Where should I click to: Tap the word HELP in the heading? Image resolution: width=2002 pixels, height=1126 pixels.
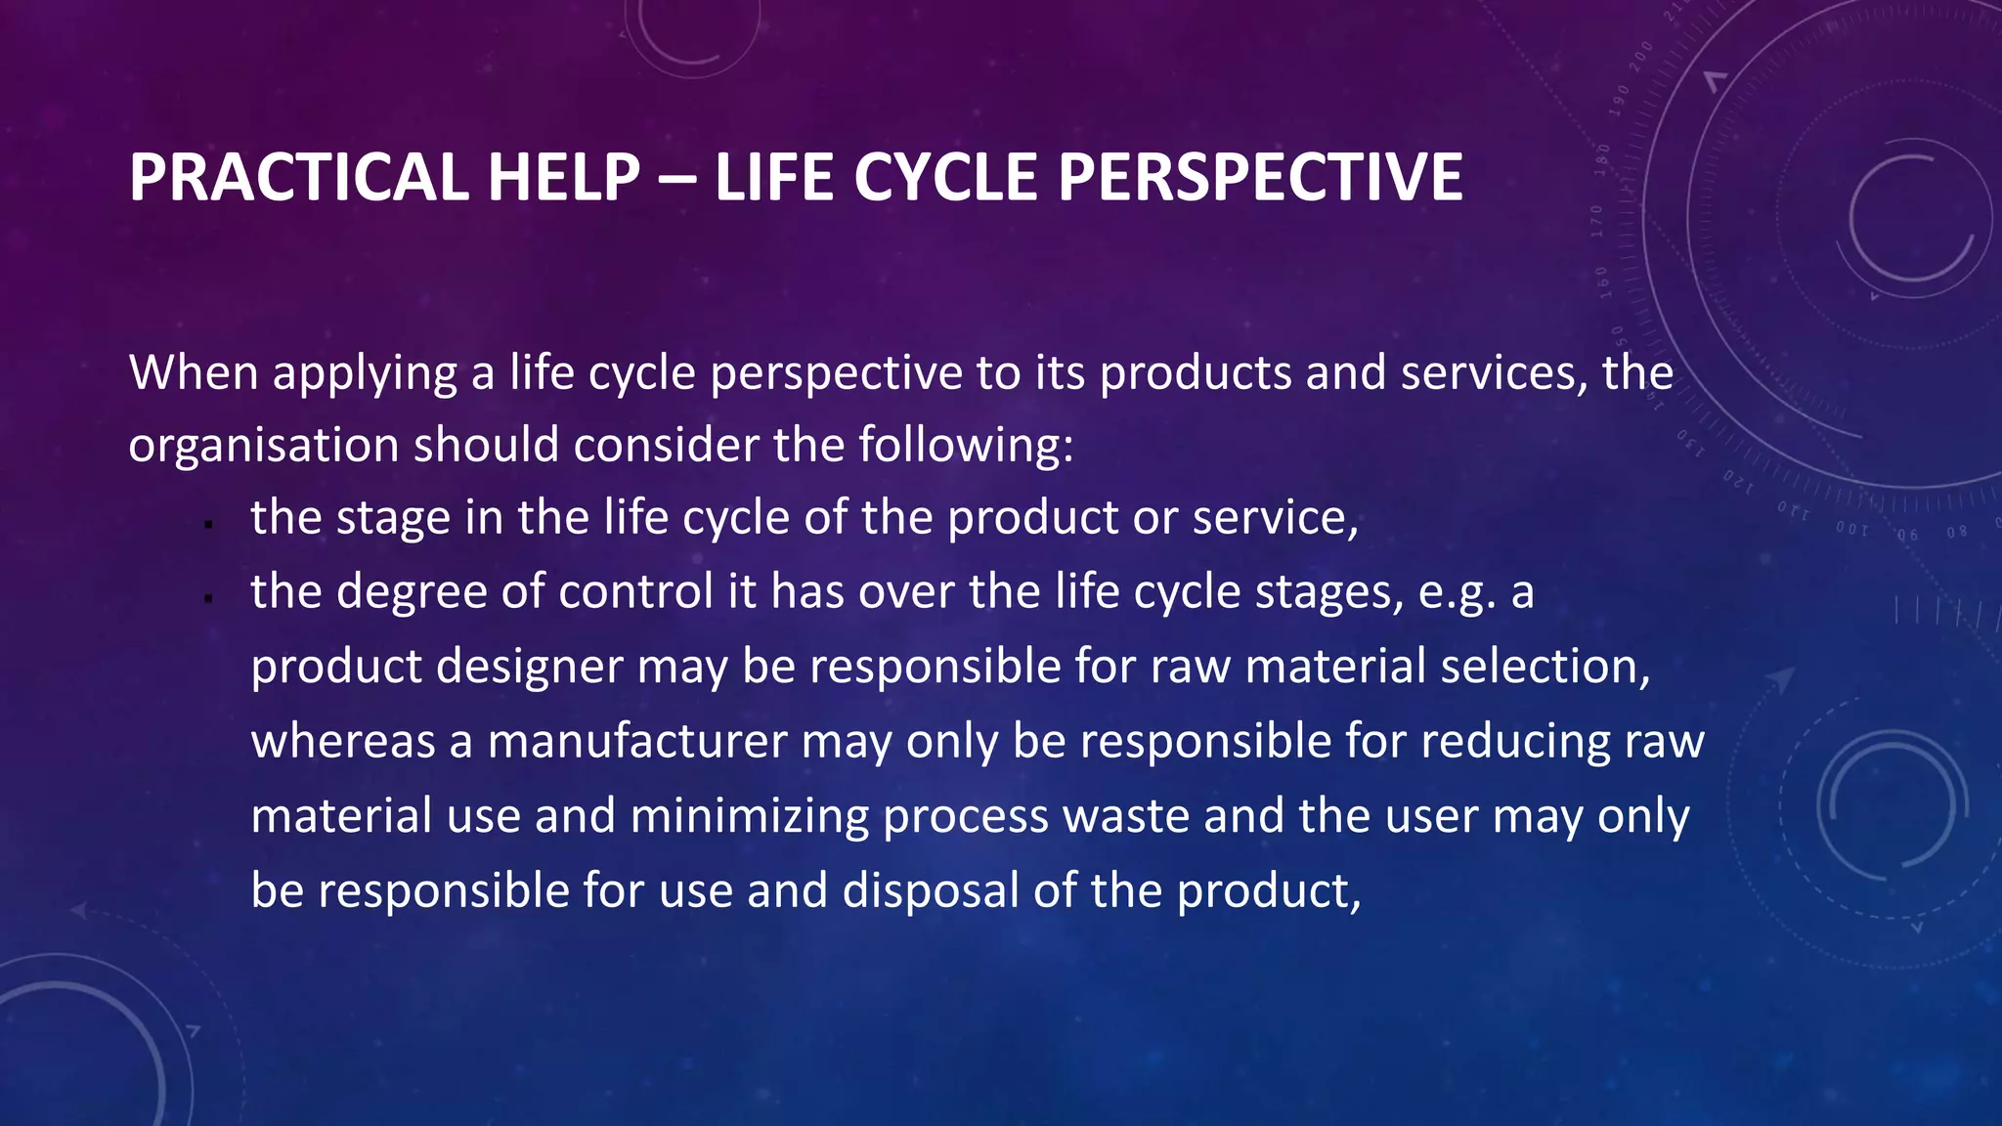[x=564, y=178]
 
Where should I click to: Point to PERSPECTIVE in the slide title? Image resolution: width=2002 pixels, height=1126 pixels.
[x=1260, y=178]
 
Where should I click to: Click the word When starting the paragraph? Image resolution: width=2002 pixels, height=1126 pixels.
[x=194, y=373]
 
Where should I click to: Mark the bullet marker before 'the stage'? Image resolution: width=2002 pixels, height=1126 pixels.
[x=208, y=525]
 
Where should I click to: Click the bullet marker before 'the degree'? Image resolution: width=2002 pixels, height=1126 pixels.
[x=208, y=598]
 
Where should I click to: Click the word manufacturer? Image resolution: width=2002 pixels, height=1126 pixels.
[x=637, y=742]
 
